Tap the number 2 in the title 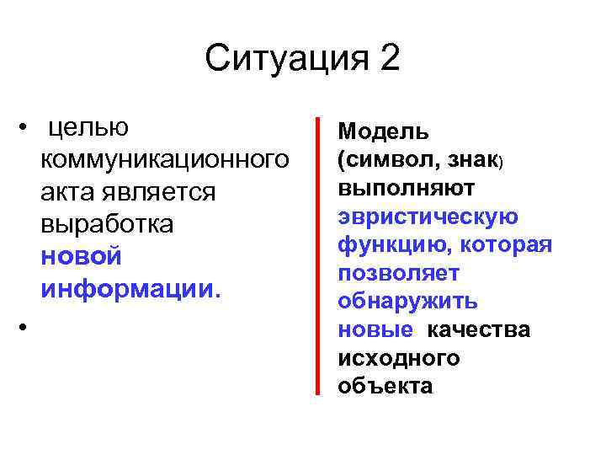(389, 60)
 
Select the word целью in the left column (88, 128)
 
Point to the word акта (66, 192)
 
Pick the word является (157, 192)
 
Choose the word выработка (106, 224)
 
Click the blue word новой (81, 256)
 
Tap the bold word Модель (383, 131)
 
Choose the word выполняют (406, 188)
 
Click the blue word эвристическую (428, 217)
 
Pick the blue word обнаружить (407, 302)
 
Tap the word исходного (398, 359)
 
